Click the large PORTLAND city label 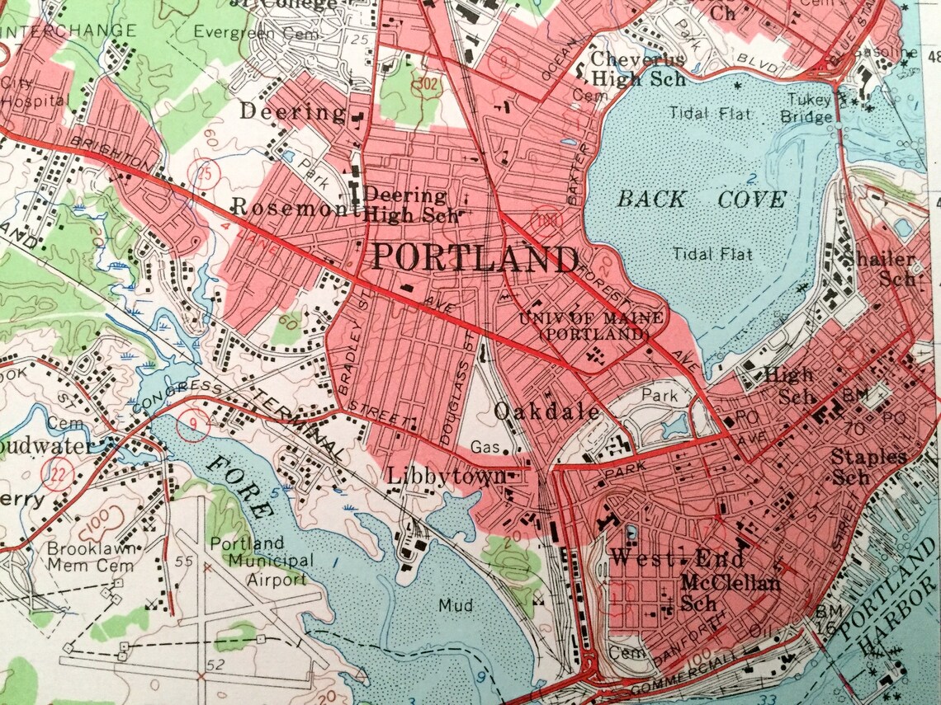[474, 259]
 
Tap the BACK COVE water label [702, 199]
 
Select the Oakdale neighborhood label [546, 411]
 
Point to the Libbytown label [447, 477]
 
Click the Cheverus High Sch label [637, 69]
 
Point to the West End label [653, 557]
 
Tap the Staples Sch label [868, 466]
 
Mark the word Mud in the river [456, 606]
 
